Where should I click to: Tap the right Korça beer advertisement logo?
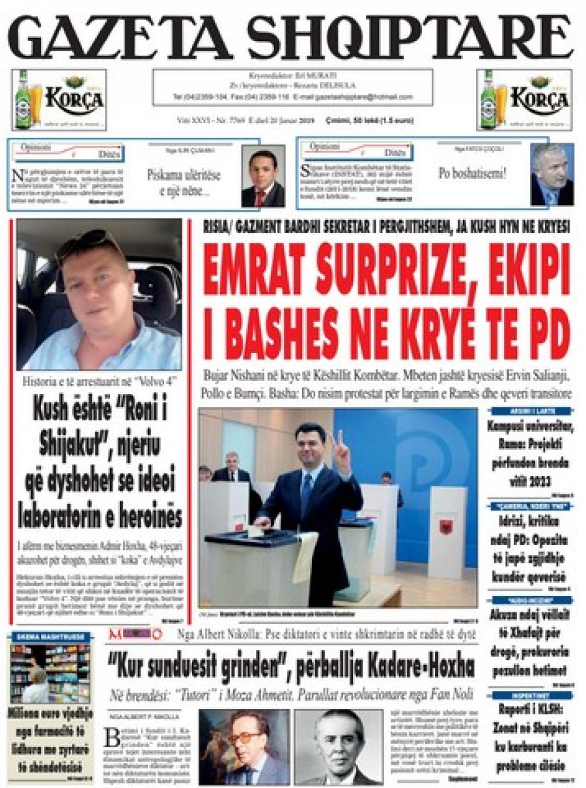pos(525,100)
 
